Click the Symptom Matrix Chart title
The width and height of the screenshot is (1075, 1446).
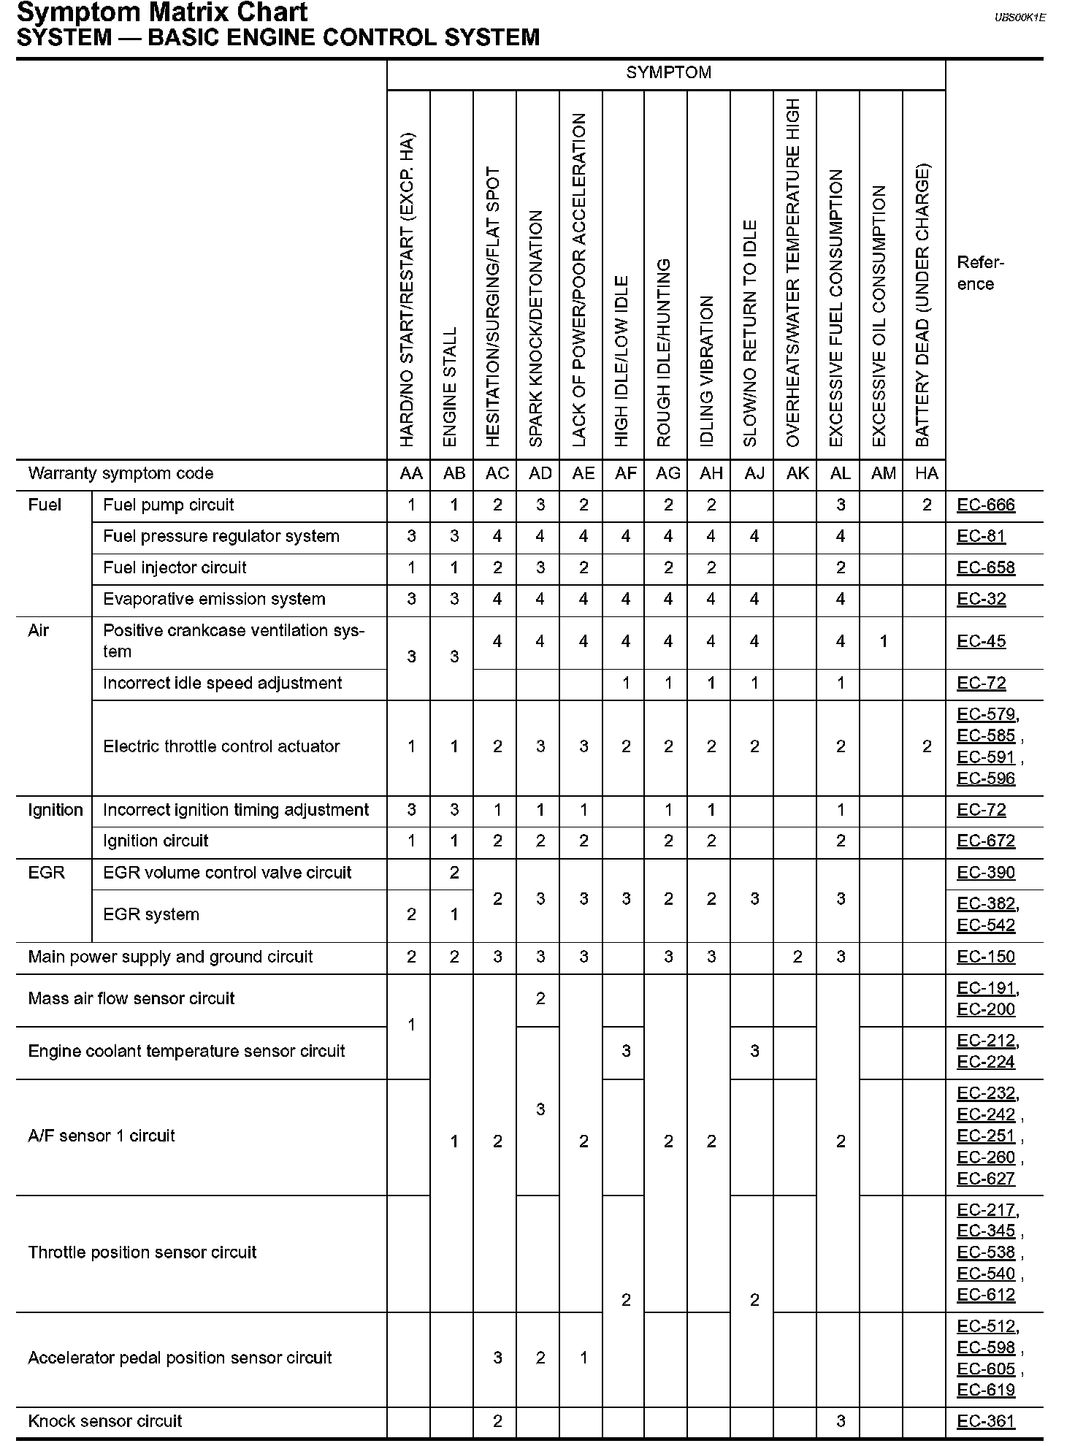[x=162, y=12]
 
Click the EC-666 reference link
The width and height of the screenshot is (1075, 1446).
[x=986, y=505]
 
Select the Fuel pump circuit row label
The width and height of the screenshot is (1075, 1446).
[x=169, y=505]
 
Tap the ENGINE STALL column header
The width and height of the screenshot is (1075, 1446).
[x=451, y=386]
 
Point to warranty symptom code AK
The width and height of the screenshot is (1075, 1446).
[x=797, y=473]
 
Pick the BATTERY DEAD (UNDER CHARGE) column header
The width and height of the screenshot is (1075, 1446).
[x=923, y=305]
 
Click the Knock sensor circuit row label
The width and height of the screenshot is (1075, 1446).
[x=105, y=1420]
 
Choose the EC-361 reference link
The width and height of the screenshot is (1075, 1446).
[x=986, y=1420]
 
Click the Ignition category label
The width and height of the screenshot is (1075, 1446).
[x=56, y=810]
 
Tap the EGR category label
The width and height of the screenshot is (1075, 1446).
[x=47, y=873]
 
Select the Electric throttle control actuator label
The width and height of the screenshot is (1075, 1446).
[x=221, y=746]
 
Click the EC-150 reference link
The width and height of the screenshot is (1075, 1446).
[x=986, y=957]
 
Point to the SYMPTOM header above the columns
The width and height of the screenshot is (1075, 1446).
[x=668, y=72]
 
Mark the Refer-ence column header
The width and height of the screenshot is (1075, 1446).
[x=980, y=273]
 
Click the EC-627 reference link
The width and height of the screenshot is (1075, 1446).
[x=986, y=1179]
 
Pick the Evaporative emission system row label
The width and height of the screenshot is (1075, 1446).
[x=214, y=599]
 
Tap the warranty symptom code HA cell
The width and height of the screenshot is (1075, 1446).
[x=926, y=473]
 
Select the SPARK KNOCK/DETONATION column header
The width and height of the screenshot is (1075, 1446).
[x=537, y=329]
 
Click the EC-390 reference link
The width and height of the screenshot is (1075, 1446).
[x=986, y=873]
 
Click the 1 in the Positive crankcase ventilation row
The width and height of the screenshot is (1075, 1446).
[x=883, y=641]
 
